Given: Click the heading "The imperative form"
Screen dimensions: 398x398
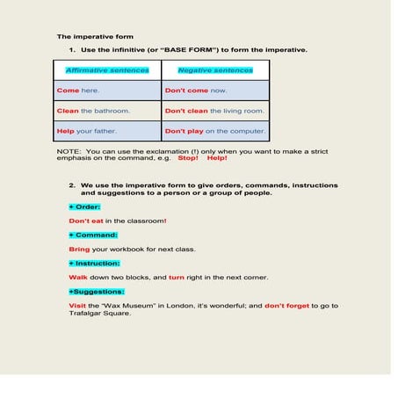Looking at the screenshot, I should click(x=95, y=37).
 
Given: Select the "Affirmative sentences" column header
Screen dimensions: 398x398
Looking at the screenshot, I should click(x=107, y=70).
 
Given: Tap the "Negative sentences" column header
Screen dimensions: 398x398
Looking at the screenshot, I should click(x=214, y=70).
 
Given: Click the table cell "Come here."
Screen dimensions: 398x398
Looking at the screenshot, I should click(x=78, y=90).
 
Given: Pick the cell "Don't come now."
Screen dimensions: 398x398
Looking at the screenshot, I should click(x=196, y=90).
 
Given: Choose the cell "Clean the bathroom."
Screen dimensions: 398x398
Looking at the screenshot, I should click(x=93, y=112).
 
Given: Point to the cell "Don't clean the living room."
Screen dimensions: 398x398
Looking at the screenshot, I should click(x=214, y=112).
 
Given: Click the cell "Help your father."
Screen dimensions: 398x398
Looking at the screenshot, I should click(x=86, y=132).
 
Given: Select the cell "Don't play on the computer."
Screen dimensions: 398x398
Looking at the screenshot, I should click(x=215, y=132).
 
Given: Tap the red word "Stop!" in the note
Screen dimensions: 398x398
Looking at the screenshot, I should click(x=188, y=158).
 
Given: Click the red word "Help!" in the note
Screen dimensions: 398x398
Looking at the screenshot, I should click(x=217, y=158).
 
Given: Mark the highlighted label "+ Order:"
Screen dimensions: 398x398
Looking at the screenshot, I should click(x=84, y=206).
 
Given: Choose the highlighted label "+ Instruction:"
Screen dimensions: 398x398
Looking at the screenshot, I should click(x=94, y=263).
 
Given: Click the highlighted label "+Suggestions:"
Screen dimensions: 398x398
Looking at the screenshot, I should click(x=97, y=291).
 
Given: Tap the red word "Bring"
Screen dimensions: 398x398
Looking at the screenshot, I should click(x=79, y=249).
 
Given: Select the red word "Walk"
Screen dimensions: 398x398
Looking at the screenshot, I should click(x=77, y=277).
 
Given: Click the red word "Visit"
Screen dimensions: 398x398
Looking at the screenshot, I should click(x=77, y=305).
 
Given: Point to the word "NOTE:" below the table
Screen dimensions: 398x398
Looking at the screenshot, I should click(x=69, y=151).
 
